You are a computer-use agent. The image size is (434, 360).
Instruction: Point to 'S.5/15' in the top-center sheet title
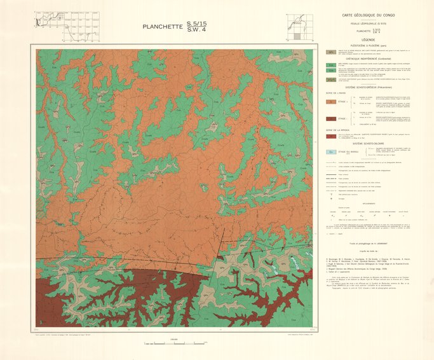click(196, 24)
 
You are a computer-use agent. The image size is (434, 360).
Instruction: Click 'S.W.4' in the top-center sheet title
click(196, 31)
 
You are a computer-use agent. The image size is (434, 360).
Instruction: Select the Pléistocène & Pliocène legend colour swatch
click(330, 52)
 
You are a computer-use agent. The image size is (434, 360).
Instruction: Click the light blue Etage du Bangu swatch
click(330, 152)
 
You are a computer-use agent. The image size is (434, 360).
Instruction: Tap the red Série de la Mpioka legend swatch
click(330, 135)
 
